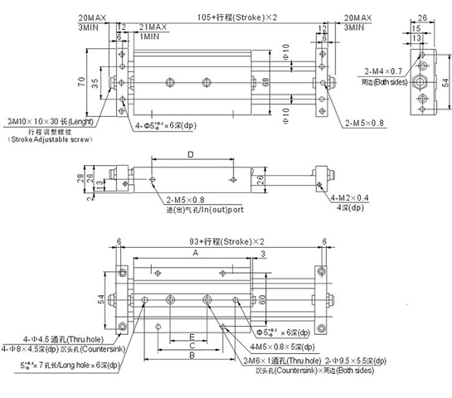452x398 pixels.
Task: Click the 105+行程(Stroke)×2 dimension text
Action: tap(221, 17)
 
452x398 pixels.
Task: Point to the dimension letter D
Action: tap(190, 154)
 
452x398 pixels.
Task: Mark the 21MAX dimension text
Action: tap(155, 27)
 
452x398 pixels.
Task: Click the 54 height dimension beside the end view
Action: tap(445, 82)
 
